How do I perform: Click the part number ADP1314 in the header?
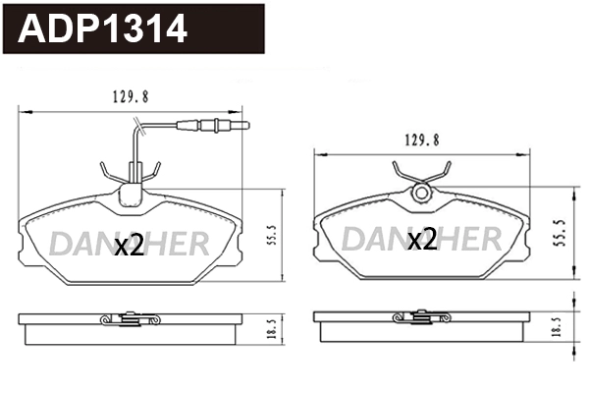click(x=103, y=29)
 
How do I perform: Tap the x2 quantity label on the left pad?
click(x=129, y=246)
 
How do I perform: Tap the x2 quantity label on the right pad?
click(x=422, y=240)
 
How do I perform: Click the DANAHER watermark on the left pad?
click(x=130, y=241)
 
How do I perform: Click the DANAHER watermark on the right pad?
click(x=422, y=239)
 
